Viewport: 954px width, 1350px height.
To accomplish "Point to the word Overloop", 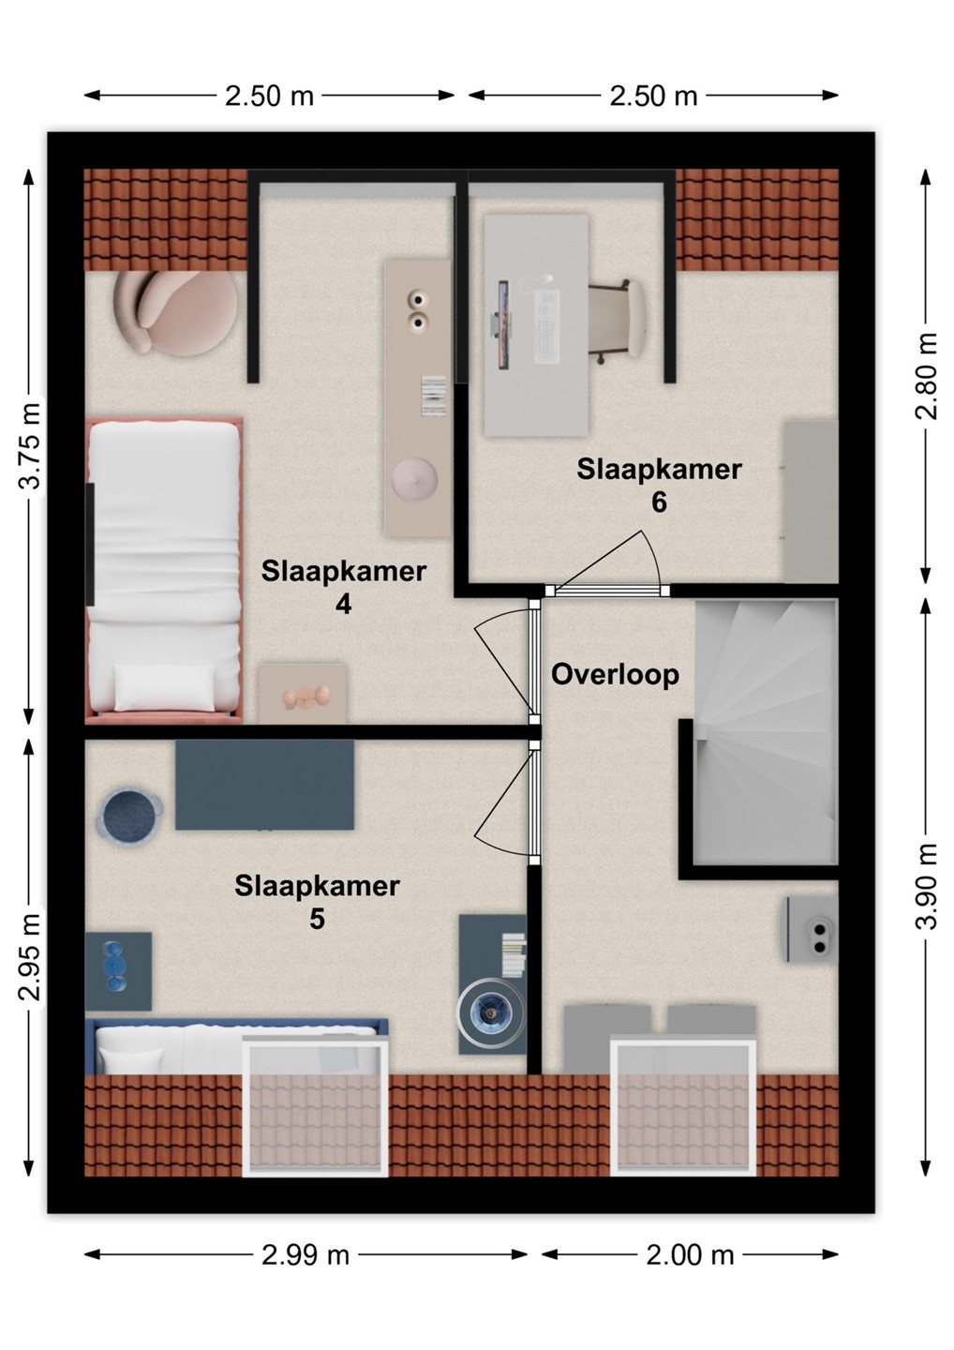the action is coord(615,675).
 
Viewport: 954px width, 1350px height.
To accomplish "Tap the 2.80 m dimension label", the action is coord(926,375).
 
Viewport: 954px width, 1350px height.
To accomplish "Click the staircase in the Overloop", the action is coord(766,731).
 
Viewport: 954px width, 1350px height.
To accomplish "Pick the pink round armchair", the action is coord(174,311).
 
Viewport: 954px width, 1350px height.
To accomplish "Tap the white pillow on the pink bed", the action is coord(164,687).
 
